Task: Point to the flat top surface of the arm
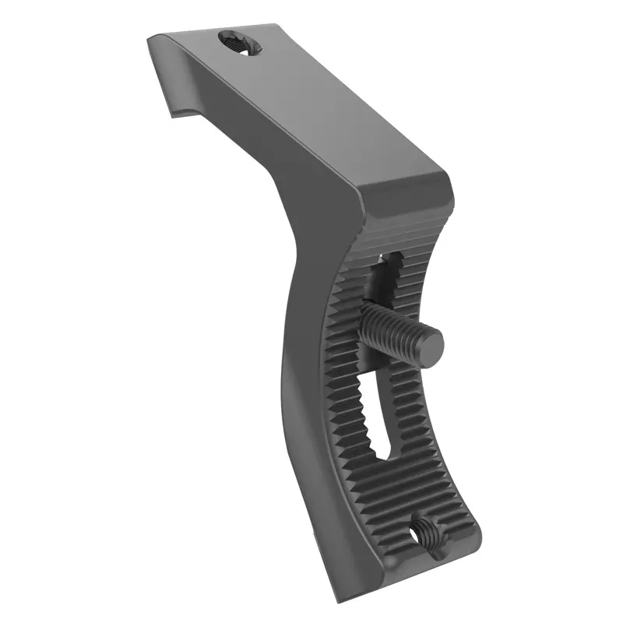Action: tap(311, 101)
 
